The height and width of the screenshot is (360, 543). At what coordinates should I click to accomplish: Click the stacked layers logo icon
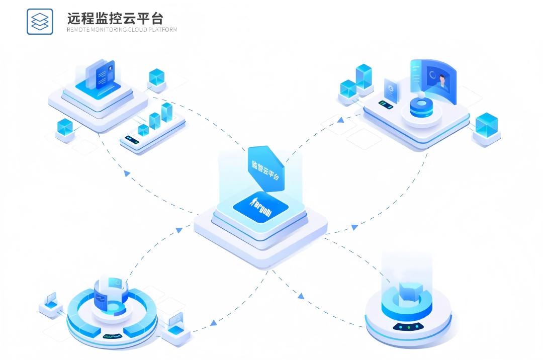(x=40, y=21)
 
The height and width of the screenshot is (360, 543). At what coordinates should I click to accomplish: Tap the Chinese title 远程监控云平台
(x=115, y=19)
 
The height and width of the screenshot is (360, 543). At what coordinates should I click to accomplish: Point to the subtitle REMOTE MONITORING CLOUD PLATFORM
(x=122, y=30)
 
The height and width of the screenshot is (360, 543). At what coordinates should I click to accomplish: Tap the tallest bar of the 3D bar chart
(x=167, y=113)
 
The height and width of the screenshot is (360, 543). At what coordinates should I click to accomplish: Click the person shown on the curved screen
(x=442, y=81)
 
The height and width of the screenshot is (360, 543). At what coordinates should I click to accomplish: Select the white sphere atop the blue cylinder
(x=420, y=95)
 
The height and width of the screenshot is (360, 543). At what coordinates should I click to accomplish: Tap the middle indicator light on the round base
(x=409, y=327)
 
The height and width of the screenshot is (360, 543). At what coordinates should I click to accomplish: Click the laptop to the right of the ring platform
(x=176, y=321)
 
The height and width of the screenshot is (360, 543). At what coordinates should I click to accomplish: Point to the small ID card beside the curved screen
(x=391, y=92)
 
